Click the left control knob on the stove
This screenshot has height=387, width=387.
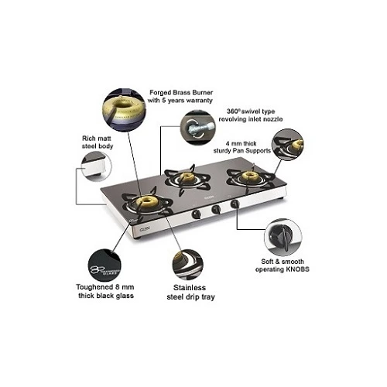pos(197,214)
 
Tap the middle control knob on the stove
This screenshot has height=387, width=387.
pos(216,209)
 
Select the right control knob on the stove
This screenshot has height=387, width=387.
pos(235,204)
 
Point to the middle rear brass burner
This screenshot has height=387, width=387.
pos(187,177)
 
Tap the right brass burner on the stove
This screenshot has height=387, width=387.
pos(249,176)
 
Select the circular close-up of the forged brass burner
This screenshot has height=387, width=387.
pos(124,110)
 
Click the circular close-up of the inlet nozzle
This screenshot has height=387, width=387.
pos(197,128)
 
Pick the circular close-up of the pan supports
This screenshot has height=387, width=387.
pos(288,145)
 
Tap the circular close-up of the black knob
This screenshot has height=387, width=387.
pos(283,237)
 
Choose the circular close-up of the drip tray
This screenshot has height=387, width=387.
pos(188,265)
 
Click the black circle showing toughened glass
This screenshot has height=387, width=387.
pos(104,265)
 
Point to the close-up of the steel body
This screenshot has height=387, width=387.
pos(96,166)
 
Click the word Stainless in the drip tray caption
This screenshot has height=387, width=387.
pos(190,287)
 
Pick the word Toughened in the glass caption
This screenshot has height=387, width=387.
pos(94,287)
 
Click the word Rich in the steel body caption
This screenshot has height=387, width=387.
pos(88,139)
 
